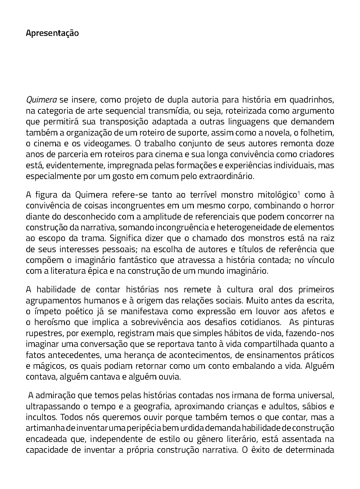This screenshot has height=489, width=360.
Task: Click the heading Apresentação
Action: pos(52,34)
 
